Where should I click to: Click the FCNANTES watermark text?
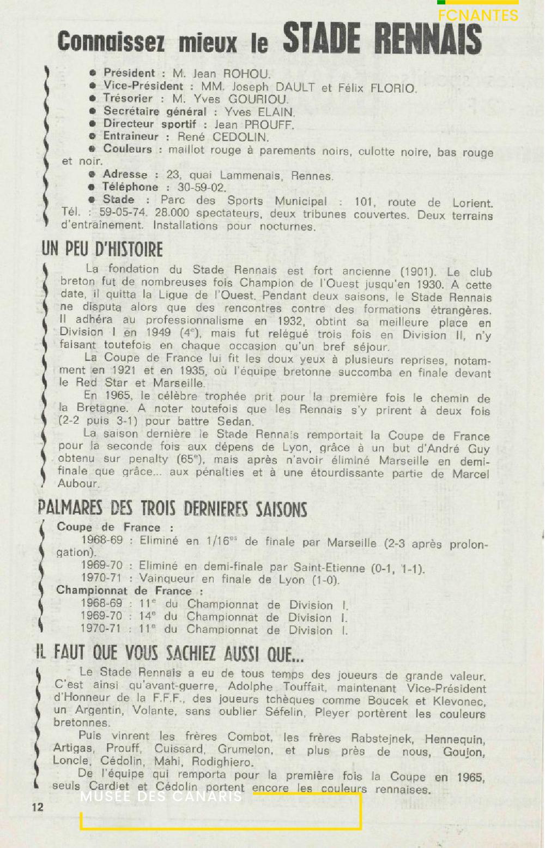click(478, 15)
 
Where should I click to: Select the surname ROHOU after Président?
click(246, 74)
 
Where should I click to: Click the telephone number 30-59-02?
click(202, 188)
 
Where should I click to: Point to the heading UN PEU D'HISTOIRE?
click(102, 249)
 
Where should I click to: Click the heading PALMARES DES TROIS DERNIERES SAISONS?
click(172, 509)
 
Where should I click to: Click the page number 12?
click(37, 807)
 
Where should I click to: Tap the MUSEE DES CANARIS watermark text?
click(161, 796)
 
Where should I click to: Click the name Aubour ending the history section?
click(78, 484)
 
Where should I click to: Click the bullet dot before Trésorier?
click(93, 99)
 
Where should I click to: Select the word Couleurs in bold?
click(128, 149)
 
